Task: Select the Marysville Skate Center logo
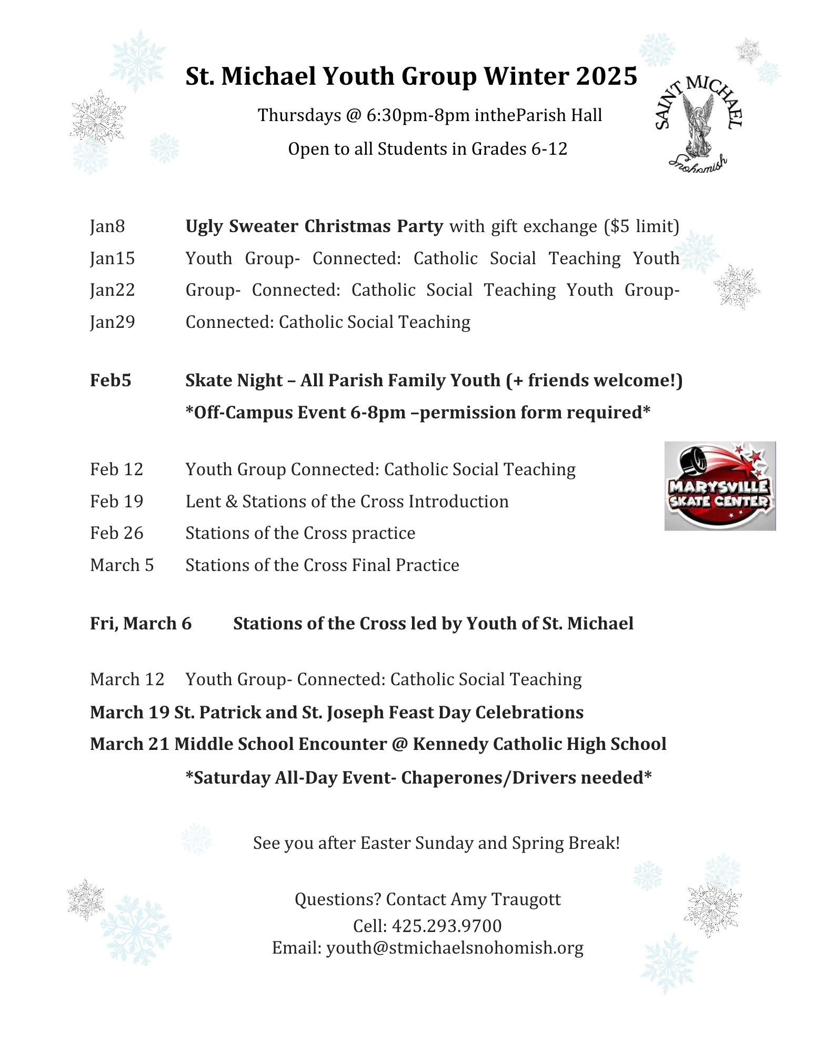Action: (719, 486)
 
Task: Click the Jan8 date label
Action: (107, 226)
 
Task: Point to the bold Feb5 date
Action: (111, 380)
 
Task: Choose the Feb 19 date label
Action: (116, 501)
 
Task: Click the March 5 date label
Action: (122, 565)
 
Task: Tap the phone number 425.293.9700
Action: (446, 925)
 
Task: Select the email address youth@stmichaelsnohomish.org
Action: (455, 947)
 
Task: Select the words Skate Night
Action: (234, 380)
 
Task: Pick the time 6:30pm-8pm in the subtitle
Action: (418, 115)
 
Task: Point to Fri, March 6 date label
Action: (140, 623)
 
